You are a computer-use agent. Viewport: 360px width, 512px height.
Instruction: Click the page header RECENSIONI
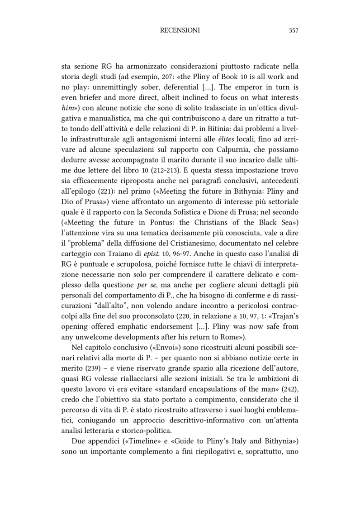coord(180,30)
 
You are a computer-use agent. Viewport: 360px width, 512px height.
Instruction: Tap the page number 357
coord(293,30)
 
